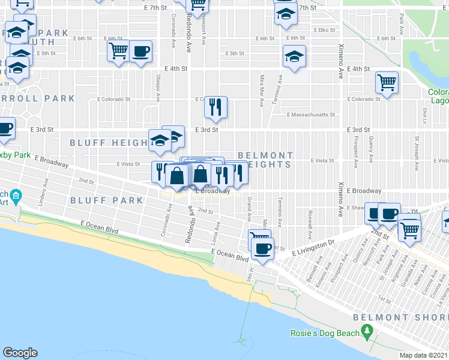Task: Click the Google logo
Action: point(20,353)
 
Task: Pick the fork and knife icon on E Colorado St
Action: point(215,106)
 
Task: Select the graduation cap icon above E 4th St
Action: point(294,57)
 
